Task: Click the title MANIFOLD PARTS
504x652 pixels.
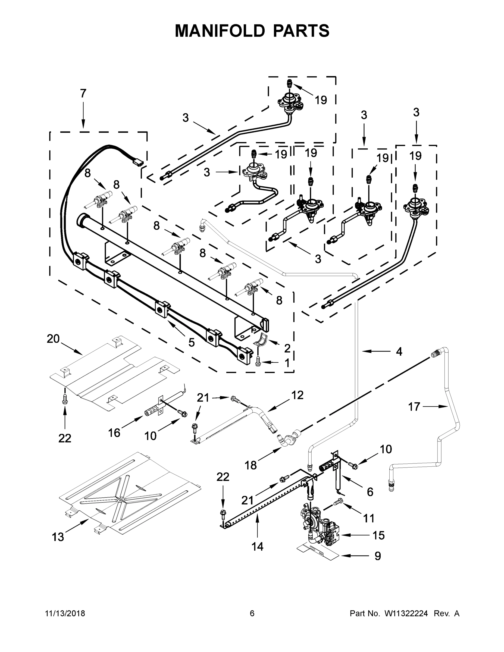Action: point(252,31)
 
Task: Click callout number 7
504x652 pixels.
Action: point(83,93)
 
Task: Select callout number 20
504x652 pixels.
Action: point(53,339)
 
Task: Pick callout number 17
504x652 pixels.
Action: point(414,407)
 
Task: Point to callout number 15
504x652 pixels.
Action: point(378,535)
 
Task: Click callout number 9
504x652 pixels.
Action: point(378,556)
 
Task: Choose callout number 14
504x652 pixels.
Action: point(257,547)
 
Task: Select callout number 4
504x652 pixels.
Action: point(399,352)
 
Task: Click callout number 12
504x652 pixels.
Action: point(298,395)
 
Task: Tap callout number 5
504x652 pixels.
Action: point(191,342)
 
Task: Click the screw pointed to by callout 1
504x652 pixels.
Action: point(258,362)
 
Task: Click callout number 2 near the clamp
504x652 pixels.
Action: point(287,348)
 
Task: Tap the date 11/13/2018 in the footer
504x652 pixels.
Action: point(65,613)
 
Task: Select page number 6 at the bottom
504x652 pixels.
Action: point(252,613)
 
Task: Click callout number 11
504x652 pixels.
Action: point(369,518)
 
